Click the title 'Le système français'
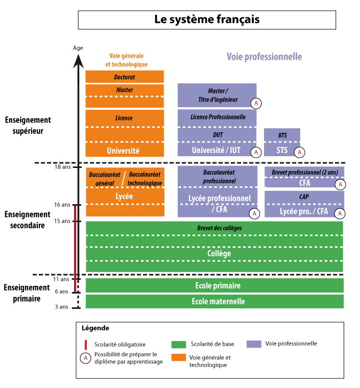207,19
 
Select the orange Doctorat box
125,77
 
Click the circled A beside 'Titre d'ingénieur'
256,103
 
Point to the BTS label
282,135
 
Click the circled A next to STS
300,152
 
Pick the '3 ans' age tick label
61,307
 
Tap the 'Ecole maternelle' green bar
214,302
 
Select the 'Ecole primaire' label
218,285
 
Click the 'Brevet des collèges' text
219,228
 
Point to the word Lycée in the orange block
124,196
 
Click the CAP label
304,197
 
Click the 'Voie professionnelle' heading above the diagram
264,57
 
